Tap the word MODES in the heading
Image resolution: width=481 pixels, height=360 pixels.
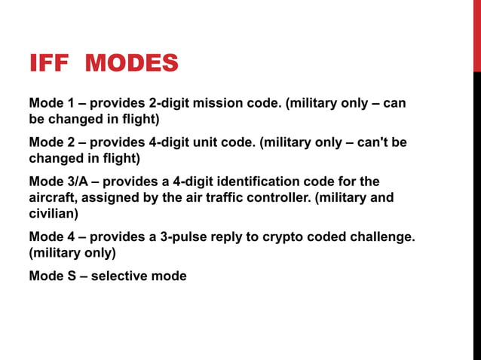pos(132,63)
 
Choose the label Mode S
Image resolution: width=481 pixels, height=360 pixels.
pos(51,276)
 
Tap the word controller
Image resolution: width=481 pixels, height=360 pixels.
pos(275,197)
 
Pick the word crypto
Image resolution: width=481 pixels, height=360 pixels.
pos(282,236)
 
